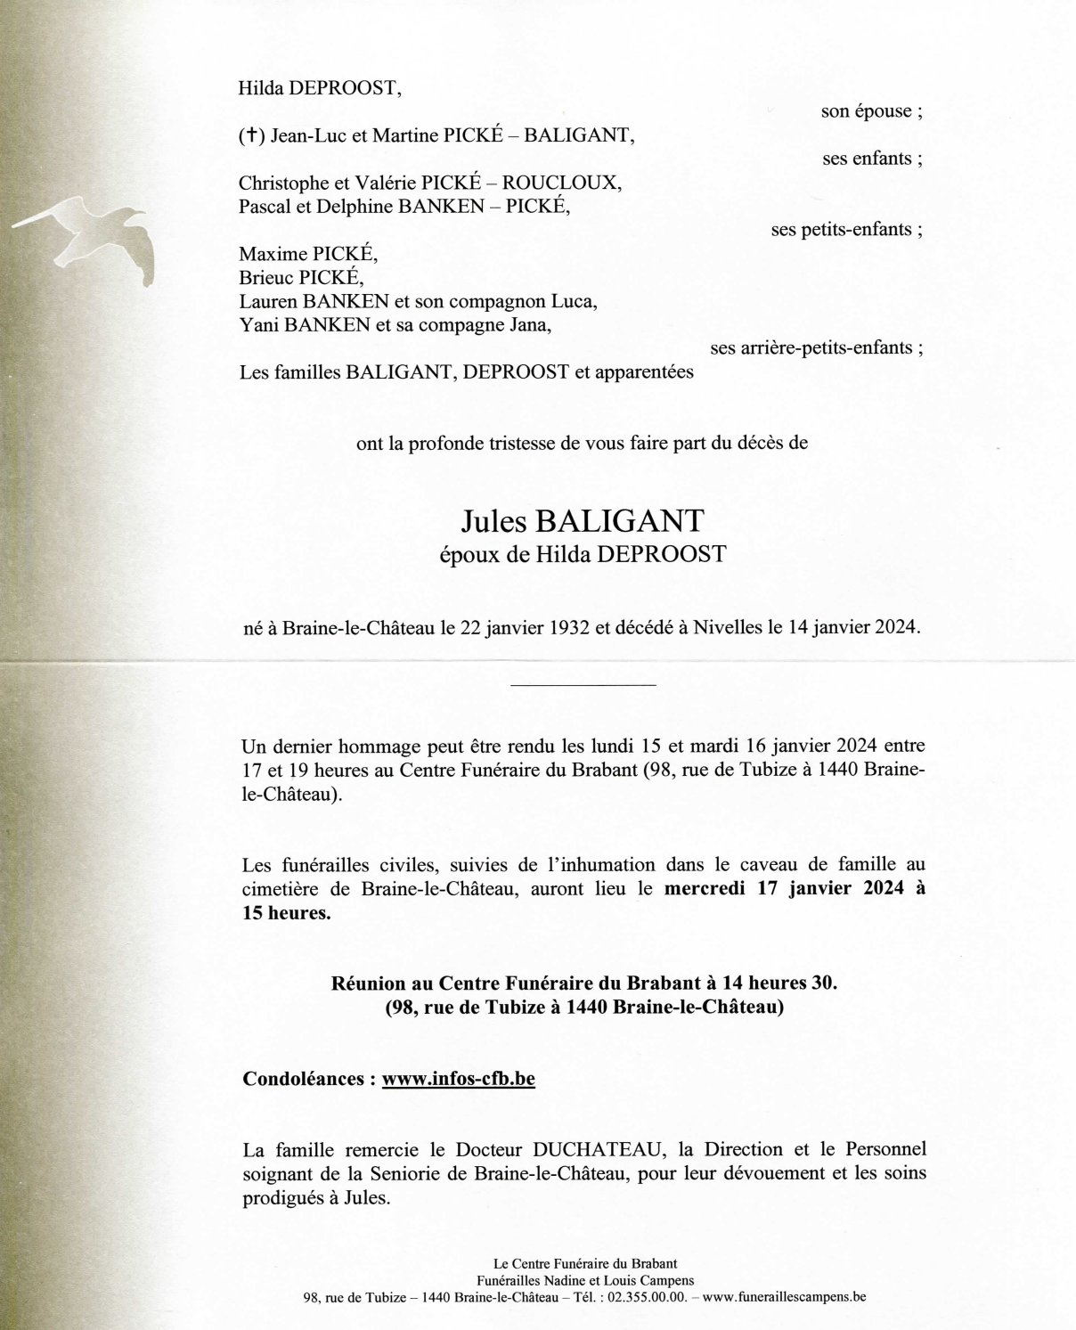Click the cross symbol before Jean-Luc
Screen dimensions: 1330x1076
(252, 136)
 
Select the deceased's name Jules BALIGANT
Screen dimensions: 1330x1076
(583, 521)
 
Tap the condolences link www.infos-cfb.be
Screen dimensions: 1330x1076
(458, 1079)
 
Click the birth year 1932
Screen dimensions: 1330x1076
(560, 627)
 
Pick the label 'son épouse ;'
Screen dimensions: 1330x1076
(871, 111)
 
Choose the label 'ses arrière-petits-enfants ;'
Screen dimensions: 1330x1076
(816, 347)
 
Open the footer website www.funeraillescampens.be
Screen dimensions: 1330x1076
(784, 1297)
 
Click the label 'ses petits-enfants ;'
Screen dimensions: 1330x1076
(846, 229)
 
